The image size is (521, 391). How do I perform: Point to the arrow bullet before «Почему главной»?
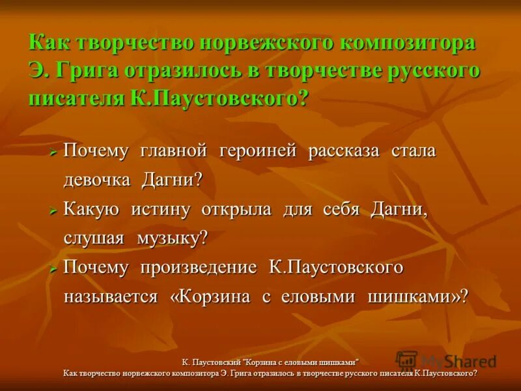(54, 152)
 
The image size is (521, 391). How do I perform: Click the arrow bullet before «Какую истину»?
(54, 210)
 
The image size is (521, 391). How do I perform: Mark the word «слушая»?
(94, 238)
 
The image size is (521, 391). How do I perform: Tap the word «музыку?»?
(172, 238)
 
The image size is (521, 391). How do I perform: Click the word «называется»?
(111, 297)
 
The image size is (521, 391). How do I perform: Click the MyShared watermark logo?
(446, 360)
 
